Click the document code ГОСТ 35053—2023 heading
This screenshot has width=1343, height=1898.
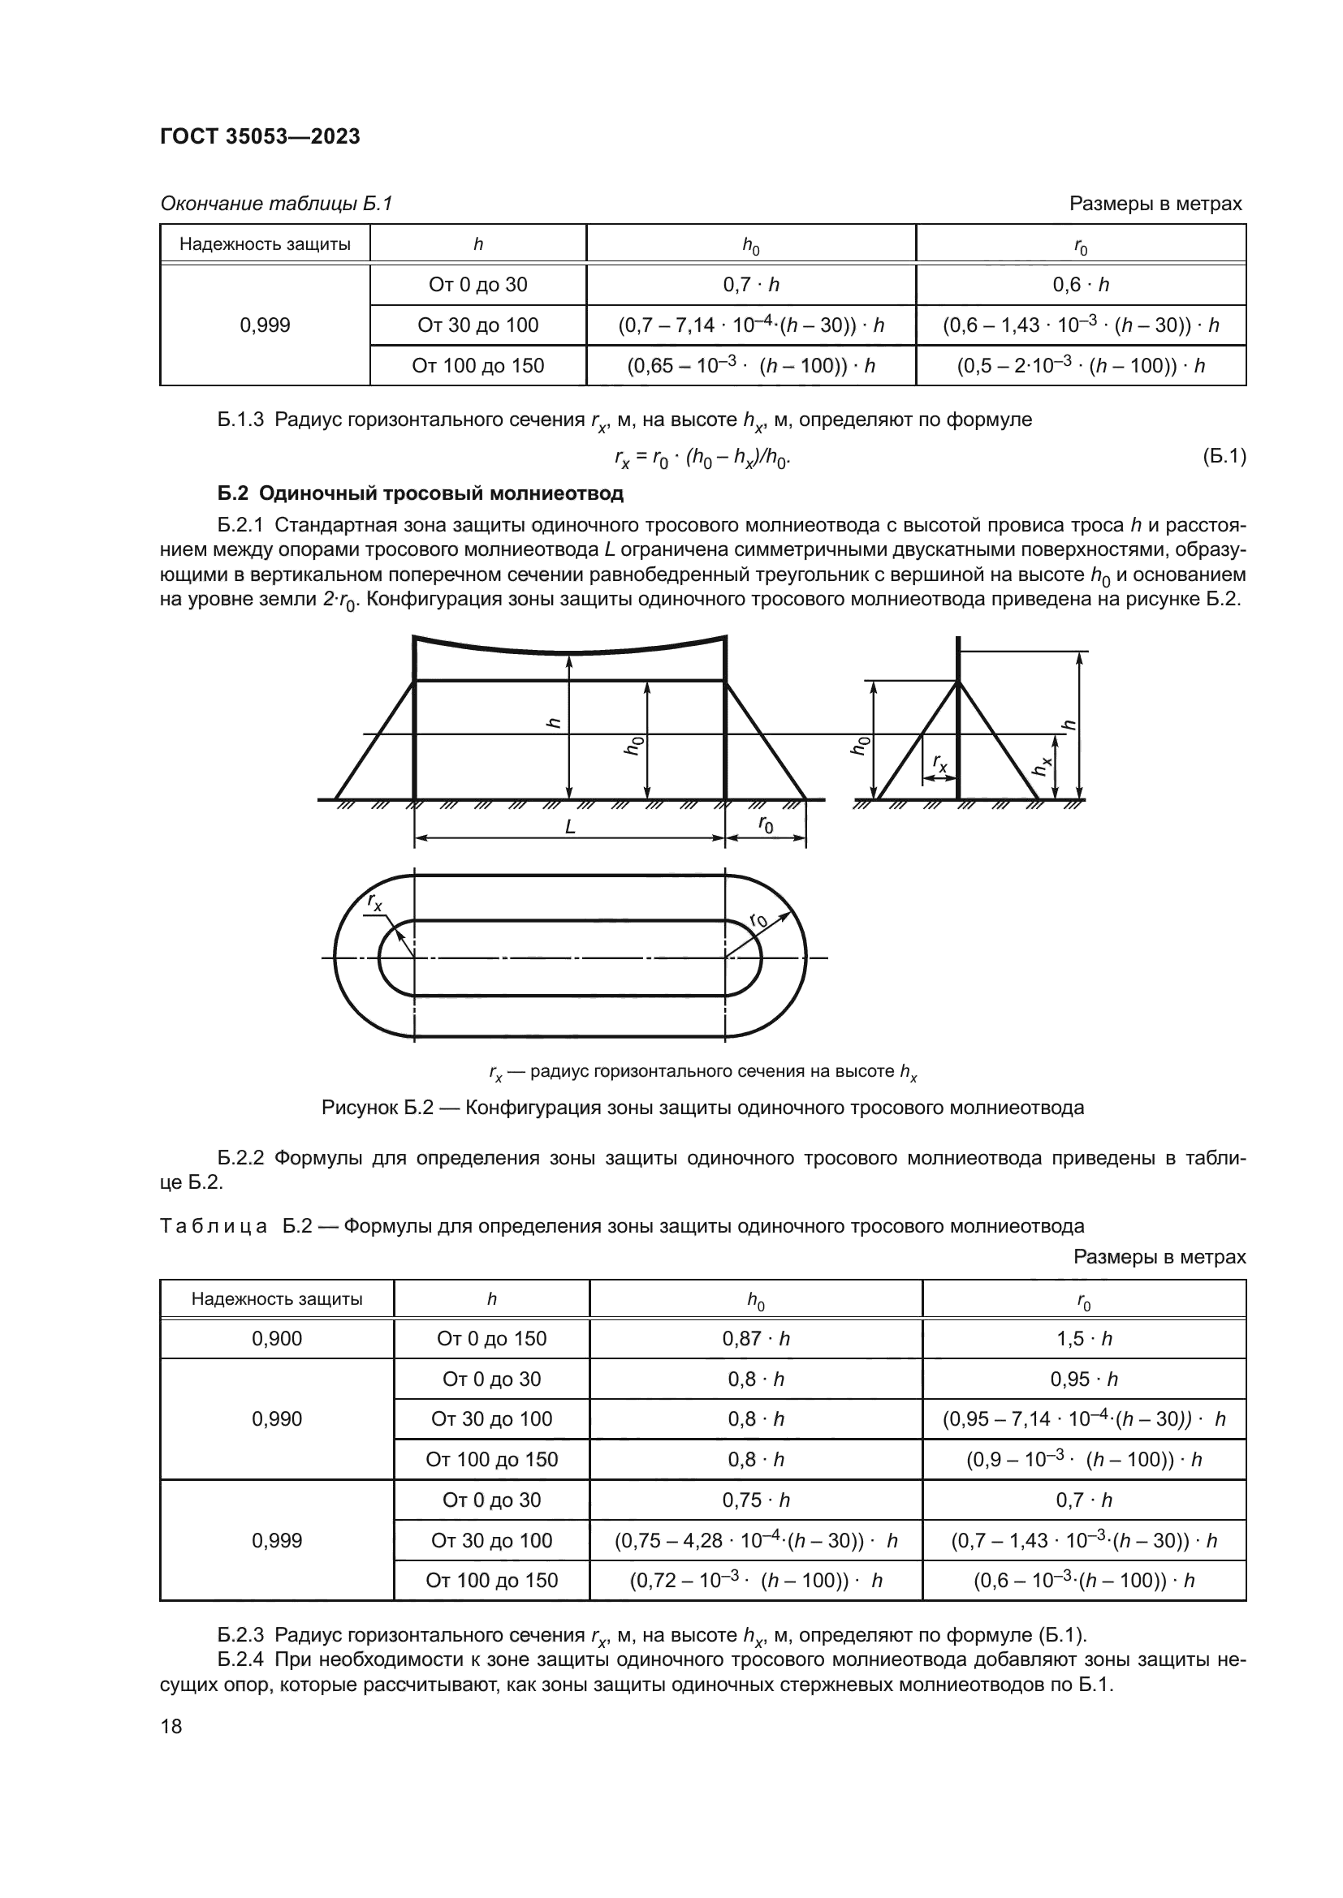coord(260,136)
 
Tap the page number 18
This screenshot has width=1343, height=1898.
coord(171,1726)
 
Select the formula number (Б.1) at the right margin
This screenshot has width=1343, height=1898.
coord(1224,455)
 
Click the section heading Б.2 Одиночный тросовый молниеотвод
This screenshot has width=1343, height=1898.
coord(420,493)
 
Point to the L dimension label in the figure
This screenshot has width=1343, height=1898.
coord(570,827)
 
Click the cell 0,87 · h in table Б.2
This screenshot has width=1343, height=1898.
coord(756,1338)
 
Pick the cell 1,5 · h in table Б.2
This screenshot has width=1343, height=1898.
coord(1083,1338)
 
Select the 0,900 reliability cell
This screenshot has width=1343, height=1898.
coord(277,1338)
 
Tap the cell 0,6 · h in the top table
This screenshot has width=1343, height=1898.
coord(1080,284)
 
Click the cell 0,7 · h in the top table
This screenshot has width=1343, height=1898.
coord(751,284)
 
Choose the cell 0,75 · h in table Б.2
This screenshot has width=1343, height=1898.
coord(756,1500)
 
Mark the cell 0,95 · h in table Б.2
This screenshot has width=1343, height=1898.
coord(1083,1379)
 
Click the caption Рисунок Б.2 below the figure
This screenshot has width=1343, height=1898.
coord(702,1107)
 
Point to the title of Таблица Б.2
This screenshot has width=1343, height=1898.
coord(622,1226)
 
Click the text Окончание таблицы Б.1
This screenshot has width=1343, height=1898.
coord(276,204)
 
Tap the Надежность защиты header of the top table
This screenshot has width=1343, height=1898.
coord(265,244)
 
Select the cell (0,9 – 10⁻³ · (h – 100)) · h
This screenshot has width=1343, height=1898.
coord(1083,1459)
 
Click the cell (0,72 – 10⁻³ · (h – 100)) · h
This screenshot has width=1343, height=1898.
coord(756,1581)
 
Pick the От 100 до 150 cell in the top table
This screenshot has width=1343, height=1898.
coord(478,365)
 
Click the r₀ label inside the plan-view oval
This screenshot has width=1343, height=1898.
coord(758,921)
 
